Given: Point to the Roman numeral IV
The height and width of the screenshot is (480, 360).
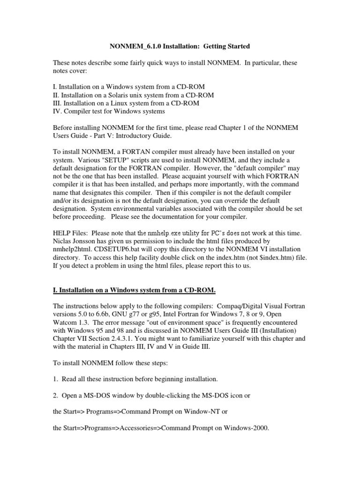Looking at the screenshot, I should pyautogui.click(x=57, y=111).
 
